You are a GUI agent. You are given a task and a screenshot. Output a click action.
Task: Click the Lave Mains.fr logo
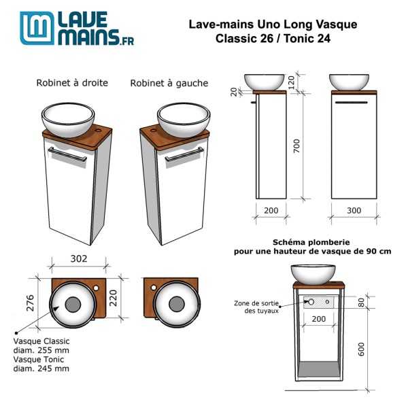coord(76,29)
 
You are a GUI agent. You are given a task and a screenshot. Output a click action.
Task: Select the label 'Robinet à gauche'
coord(169,83)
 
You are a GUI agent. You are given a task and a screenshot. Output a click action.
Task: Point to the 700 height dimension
coord(295,146)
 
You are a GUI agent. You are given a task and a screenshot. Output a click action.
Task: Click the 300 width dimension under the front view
coord(354,211)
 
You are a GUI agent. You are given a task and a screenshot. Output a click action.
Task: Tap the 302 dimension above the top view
coord(80,258)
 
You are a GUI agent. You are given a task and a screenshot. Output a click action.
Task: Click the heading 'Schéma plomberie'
coord(313,241)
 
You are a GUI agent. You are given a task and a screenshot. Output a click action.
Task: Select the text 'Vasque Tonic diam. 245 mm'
coord(41,364)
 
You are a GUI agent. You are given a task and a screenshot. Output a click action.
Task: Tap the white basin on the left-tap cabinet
coord(183,120)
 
